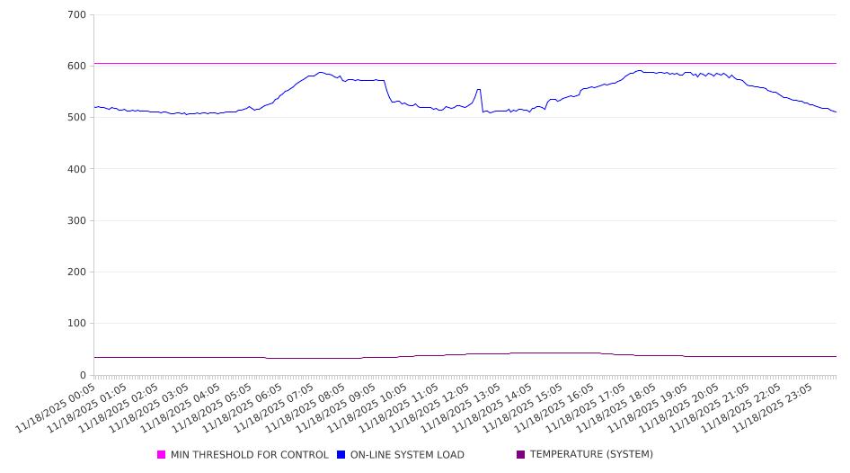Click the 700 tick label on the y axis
(x=76, y=15)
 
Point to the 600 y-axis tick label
(x=76, y=67)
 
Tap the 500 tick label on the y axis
(x=76, y=118)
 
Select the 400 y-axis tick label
(x=76, y=169)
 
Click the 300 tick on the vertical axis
(x=76, y=220)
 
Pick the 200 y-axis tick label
(x=76, y=272)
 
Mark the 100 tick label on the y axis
(x=76, y=324)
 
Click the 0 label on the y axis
(x=82, y=375)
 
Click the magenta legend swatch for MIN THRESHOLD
(x=162, y=455)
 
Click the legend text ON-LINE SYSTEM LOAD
(x=407, y=455)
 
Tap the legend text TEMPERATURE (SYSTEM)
(x=591, y=455)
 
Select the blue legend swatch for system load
(x=341, y=455)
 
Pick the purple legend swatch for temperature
(x=521, y=455)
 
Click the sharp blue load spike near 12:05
(x=478, y=90)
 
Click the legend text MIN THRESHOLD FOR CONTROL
(x=250, y=455)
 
